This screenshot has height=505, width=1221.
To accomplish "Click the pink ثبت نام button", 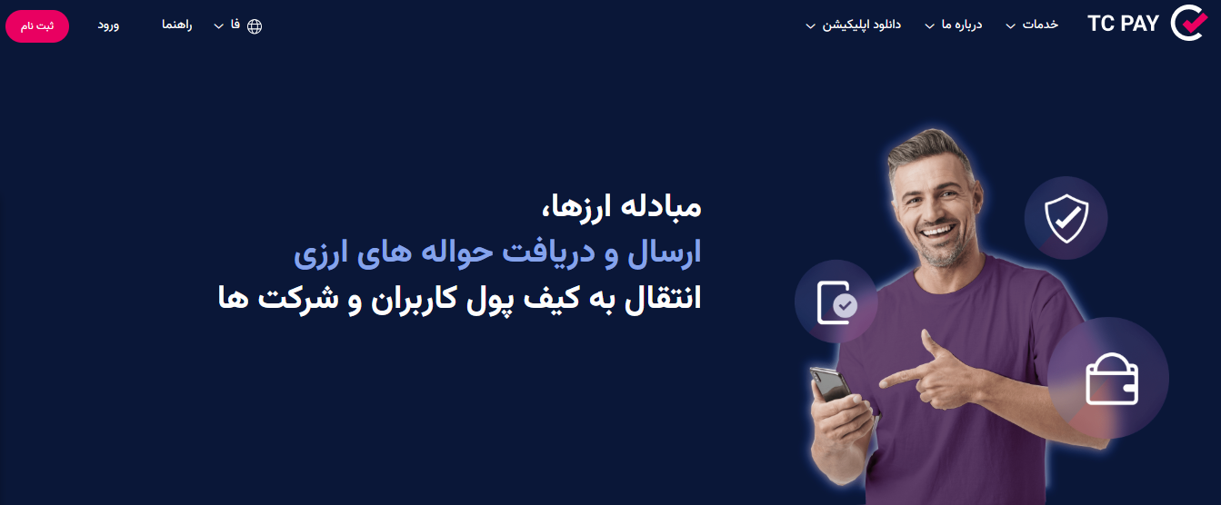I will [x=37, y=25].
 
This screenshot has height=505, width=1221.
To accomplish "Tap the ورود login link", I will [x=109, y=25].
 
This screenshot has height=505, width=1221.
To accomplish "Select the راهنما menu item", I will [x=176, y=25].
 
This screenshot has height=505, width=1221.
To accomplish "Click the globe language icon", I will [x=255, y=26].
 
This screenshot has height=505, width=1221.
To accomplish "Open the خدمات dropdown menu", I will [x=1040, y=25].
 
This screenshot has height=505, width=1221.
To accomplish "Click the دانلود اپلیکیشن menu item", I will [x=861, y=25].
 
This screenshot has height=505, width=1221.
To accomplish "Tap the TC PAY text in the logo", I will [x=1123, y=25].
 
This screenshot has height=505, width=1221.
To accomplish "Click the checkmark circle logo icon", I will [x=1187, y=24].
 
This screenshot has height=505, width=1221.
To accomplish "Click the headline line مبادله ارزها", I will [x=623, y=207].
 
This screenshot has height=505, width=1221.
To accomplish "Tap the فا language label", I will [x=235, y=25].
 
